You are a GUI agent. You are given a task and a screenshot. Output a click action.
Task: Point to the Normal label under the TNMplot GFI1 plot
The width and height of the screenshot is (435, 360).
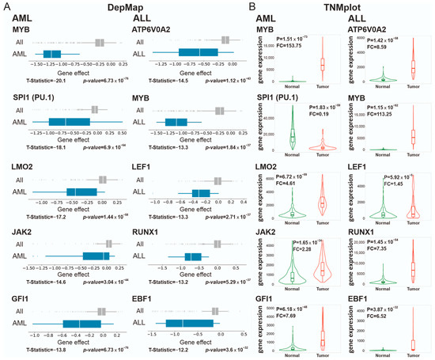tap(293, 355)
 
